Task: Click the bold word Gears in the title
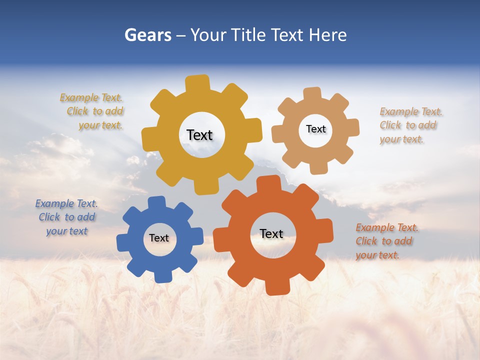point(148,35)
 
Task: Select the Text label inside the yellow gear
point(199,135)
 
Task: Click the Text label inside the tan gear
point(315,129)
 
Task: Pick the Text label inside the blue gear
point(159,238)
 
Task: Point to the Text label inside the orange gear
point(271,233)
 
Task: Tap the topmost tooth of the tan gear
point(313,93)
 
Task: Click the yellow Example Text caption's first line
point(91,97)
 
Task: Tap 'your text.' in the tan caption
point(401,139)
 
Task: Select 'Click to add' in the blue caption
point(67,217)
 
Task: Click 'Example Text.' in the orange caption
point(387,227)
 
